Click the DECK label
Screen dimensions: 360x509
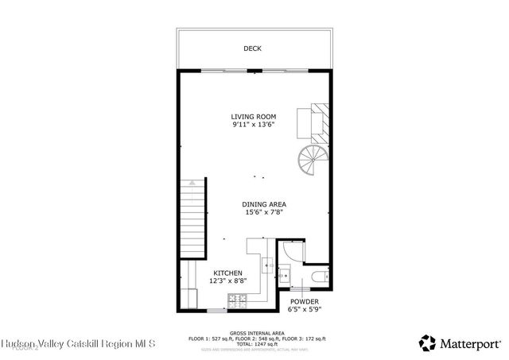(x=252, y=48)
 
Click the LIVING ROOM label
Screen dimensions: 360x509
(x=254, y=117)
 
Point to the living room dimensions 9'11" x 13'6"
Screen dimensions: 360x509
(x=254, y=125)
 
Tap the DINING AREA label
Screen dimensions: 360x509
(x=264, y=204)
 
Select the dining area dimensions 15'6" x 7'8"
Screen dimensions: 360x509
(x=264, y=212)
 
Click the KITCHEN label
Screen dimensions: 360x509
(x=227, y=273)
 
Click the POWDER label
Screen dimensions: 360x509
(x=304, y=302)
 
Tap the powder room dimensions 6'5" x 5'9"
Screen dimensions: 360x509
(x=304, y=310)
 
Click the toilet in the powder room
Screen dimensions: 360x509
(x=318, y=277)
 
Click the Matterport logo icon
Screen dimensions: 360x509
(x=427, y=343)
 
